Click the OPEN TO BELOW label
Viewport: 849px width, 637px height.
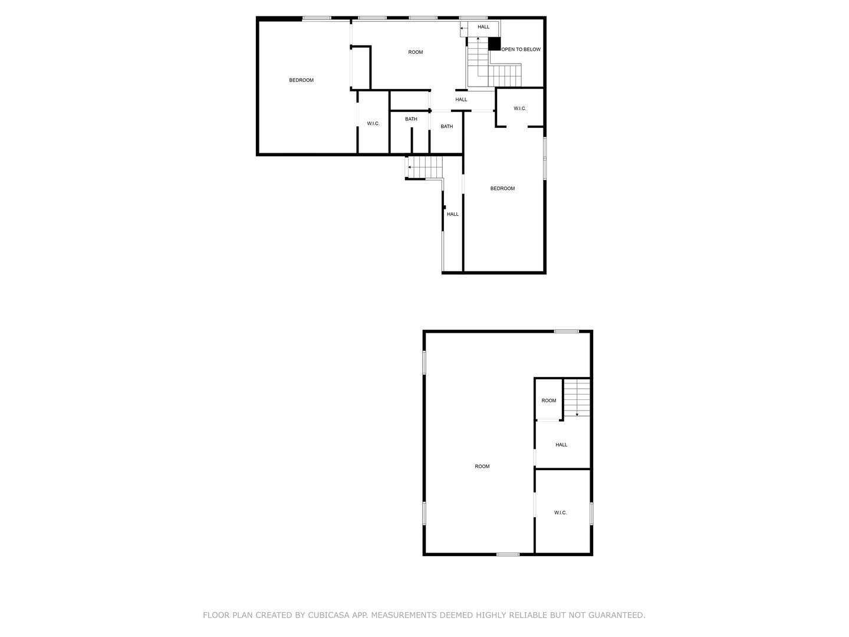point(521,50)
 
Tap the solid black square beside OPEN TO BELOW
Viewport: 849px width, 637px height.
point(494,44)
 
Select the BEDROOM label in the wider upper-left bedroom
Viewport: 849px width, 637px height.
point(301,80)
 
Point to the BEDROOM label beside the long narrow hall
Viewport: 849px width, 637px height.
point(502,189)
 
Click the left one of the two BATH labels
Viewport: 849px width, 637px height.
point(411,119)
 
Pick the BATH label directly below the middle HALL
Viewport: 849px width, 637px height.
point(447,126)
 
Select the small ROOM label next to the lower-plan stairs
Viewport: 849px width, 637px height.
point(549,400)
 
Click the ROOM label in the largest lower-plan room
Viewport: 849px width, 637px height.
point(482,467)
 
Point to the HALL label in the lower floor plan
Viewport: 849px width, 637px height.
point(562,445)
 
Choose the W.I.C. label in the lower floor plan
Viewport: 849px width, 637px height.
point(561,513)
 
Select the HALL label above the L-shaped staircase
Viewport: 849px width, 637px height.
point(483,27)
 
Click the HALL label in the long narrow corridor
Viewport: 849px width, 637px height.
point(453,214)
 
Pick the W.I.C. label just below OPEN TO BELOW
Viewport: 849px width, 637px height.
point(520,109)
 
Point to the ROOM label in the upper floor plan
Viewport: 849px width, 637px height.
point(416,52)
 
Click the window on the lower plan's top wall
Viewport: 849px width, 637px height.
point(566,331)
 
